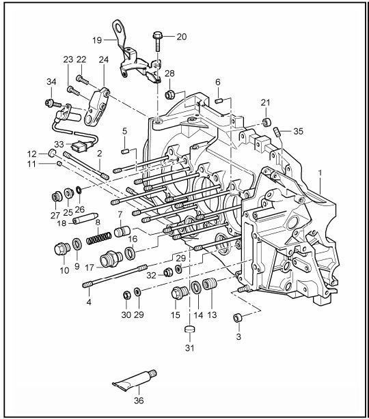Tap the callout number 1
tap(320, 173)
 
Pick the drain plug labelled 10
tap(62, 249)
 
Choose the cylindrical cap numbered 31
tap(189, 329)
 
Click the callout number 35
tap(299, 131)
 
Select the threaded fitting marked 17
tap(111, 259)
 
